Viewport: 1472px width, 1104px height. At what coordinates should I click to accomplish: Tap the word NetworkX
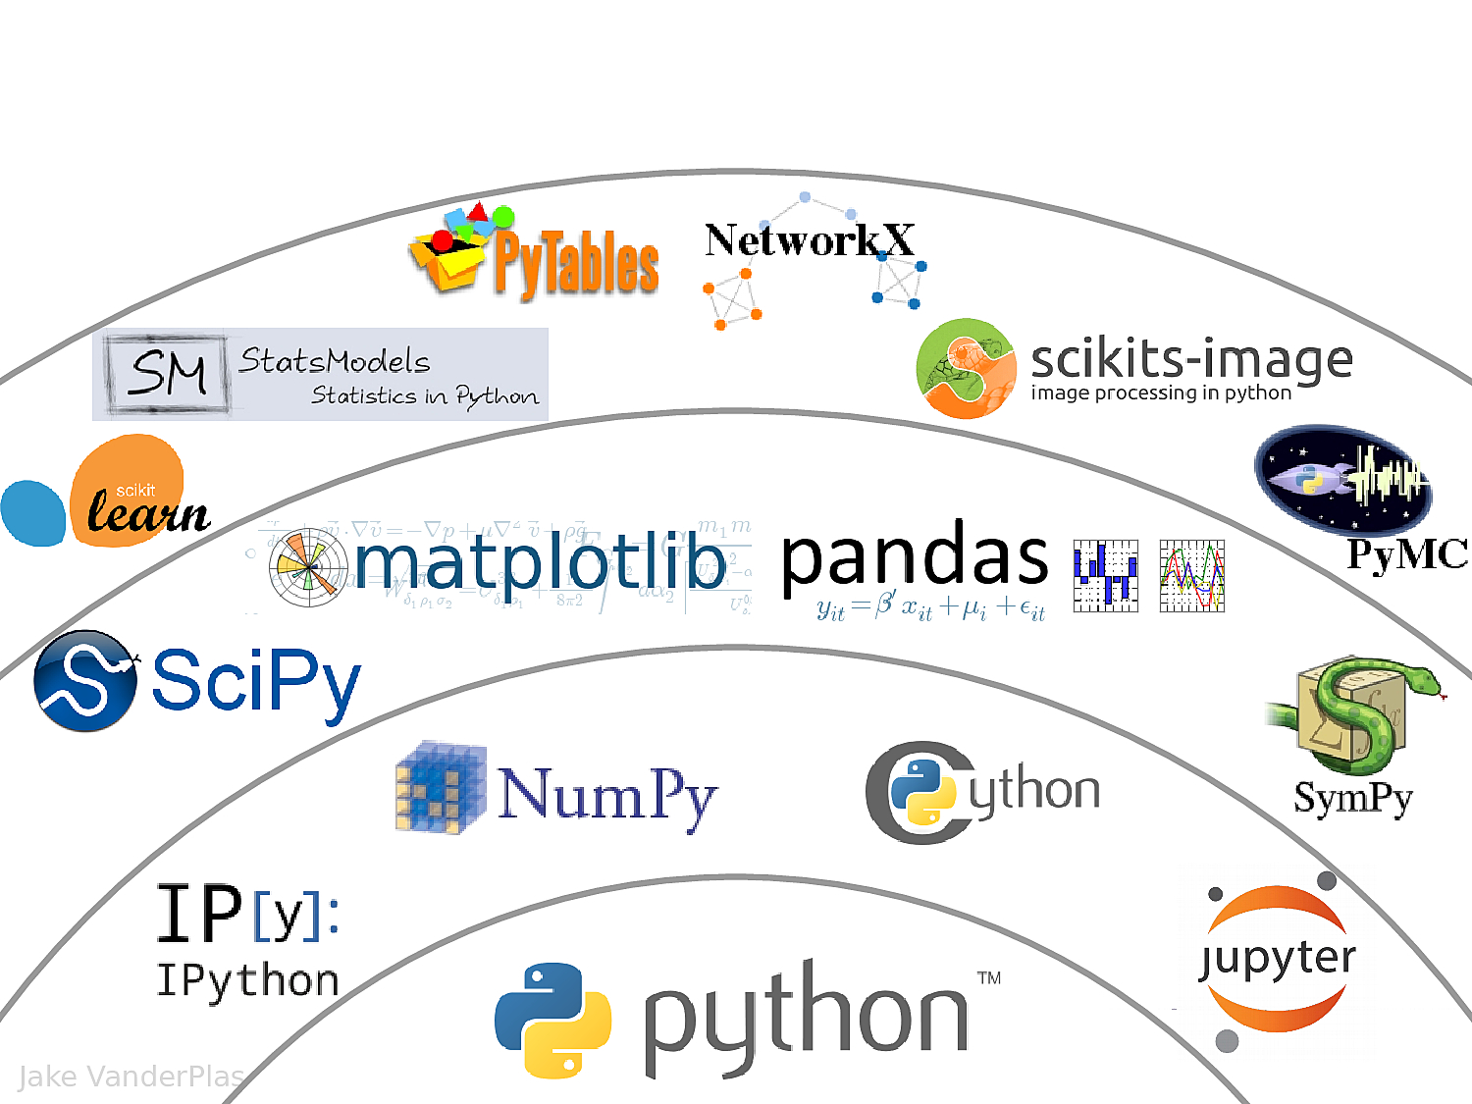pyautogui.click(x=809, y=240)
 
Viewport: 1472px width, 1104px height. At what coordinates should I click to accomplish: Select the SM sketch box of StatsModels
pyautogui.click(x=168, y=373)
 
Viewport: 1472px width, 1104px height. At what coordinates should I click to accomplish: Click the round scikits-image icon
pyautogui.click(x=966, y=368)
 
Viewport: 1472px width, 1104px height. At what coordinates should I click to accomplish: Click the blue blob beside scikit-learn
pyautogui.click(x=33, y=512)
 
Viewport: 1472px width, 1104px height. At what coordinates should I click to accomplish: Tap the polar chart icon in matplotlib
pyautogui.click(x=308, y=567)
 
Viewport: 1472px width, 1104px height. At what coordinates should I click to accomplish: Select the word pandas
pyautogui.click(x=915, y=556)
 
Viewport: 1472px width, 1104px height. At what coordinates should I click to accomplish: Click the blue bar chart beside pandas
pyautogui.click(x=1105, y=576)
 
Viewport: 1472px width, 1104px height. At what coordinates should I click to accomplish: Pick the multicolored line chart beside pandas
pyautogui.click(x=1191, y=576)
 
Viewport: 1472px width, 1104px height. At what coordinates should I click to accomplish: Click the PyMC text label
pyautogui.click(x=1406, y=554)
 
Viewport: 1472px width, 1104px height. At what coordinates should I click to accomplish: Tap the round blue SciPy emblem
pyautogui.click(x=85, y=681)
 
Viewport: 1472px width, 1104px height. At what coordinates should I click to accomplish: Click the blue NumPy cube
pyautogui.click(x=441, y=788)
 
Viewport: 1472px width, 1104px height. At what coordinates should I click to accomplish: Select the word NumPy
pyautogui.click(x=607, y=795)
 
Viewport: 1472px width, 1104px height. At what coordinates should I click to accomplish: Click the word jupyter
pyautogui.click(x=1278, y=959)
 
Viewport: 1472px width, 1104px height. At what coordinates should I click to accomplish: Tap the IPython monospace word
pyautogui.click(x=247, y=981)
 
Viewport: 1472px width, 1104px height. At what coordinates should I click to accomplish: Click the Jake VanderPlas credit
pyautogui.click(x=131, y=1077)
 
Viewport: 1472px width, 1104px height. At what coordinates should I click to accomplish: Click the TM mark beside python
pyautogui.click(x=989, y=977)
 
